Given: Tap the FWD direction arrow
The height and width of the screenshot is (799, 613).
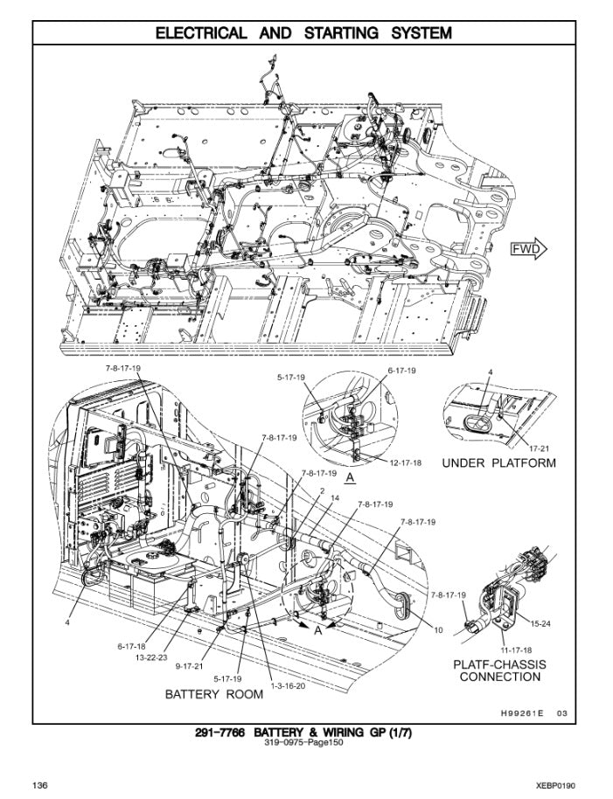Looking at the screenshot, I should pos(528,250).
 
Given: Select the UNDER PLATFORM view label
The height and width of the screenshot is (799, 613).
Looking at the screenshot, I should pos(498,462).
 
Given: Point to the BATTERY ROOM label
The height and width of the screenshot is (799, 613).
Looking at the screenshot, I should pos(214,694).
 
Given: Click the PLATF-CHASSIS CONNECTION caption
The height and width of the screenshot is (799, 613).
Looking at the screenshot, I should pos(499,670).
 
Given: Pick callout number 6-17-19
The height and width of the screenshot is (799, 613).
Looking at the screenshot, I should pos(401,371).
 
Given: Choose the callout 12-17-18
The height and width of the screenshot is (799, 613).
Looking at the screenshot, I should pos(407,462).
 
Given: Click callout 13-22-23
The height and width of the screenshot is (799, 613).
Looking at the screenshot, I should pos(150,656).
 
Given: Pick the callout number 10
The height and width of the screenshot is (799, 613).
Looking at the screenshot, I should pos(438,629).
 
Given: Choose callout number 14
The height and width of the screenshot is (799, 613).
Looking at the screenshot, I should pos(334,497).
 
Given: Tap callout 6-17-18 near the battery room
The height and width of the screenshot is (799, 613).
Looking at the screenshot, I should pos(132,646).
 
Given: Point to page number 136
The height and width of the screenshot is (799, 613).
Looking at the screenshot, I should pos(41,785).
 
